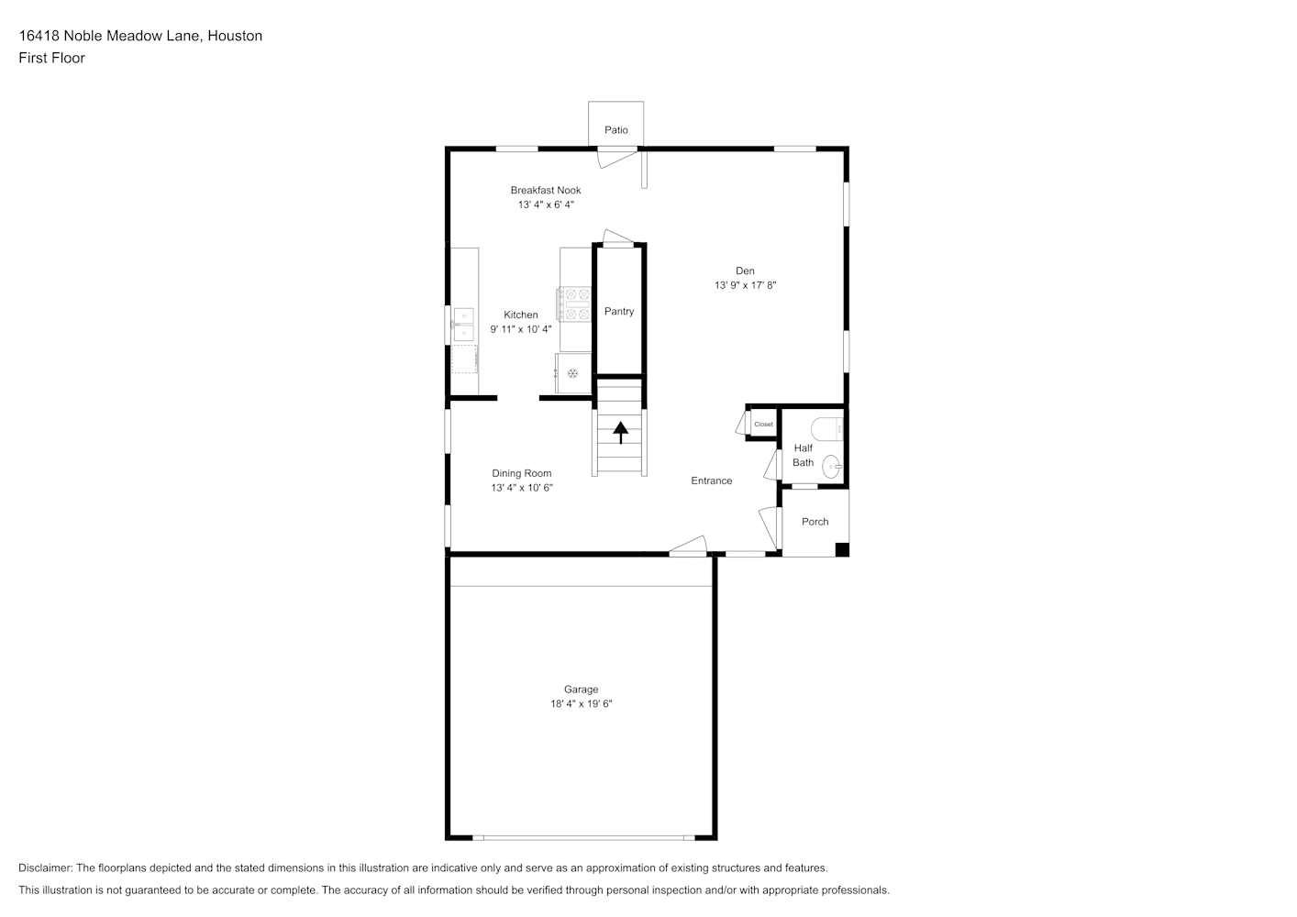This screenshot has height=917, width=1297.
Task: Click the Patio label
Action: (x=616, y=130)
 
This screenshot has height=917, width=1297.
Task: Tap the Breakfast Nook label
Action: (x=546, y=190)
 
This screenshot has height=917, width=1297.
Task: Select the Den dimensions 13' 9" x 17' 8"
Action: (x=745, y=285)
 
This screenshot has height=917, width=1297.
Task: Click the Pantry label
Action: (x=619, y=312)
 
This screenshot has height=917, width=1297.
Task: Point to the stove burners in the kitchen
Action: (x=574, y=304)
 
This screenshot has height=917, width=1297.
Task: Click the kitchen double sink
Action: (x=464, y=325)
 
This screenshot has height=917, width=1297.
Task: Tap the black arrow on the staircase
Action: (x=621, y=433)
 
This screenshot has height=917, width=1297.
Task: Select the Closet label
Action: (x=763, y=425)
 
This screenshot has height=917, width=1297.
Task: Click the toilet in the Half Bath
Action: (x=826, y=429)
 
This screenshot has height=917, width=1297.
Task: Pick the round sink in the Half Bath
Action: (x=832, y=467)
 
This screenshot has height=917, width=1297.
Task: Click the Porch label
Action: (x=815, y=522)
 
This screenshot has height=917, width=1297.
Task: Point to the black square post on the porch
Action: (x=842, y=549)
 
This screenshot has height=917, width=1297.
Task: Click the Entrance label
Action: (x=712, y=481)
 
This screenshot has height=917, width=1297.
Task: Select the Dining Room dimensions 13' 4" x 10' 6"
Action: (x=522, y=488)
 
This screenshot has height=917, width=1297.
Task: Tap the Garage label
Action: (x=581, y=690)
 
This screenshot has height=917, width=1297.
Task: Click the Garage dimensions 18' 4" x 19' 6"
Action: (x=581, y=704)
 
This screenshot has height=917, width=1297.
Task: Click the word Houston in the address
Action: (x=235, y=36)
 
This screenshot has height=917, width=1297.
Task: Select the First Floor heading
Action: (x=51, y=58)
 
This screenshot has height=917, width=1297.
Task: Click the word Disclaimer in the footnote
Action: (x=46, y=867)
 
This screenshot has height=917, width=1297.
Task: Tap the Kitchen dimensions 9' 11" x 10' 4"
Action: (x=520, y=329)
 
